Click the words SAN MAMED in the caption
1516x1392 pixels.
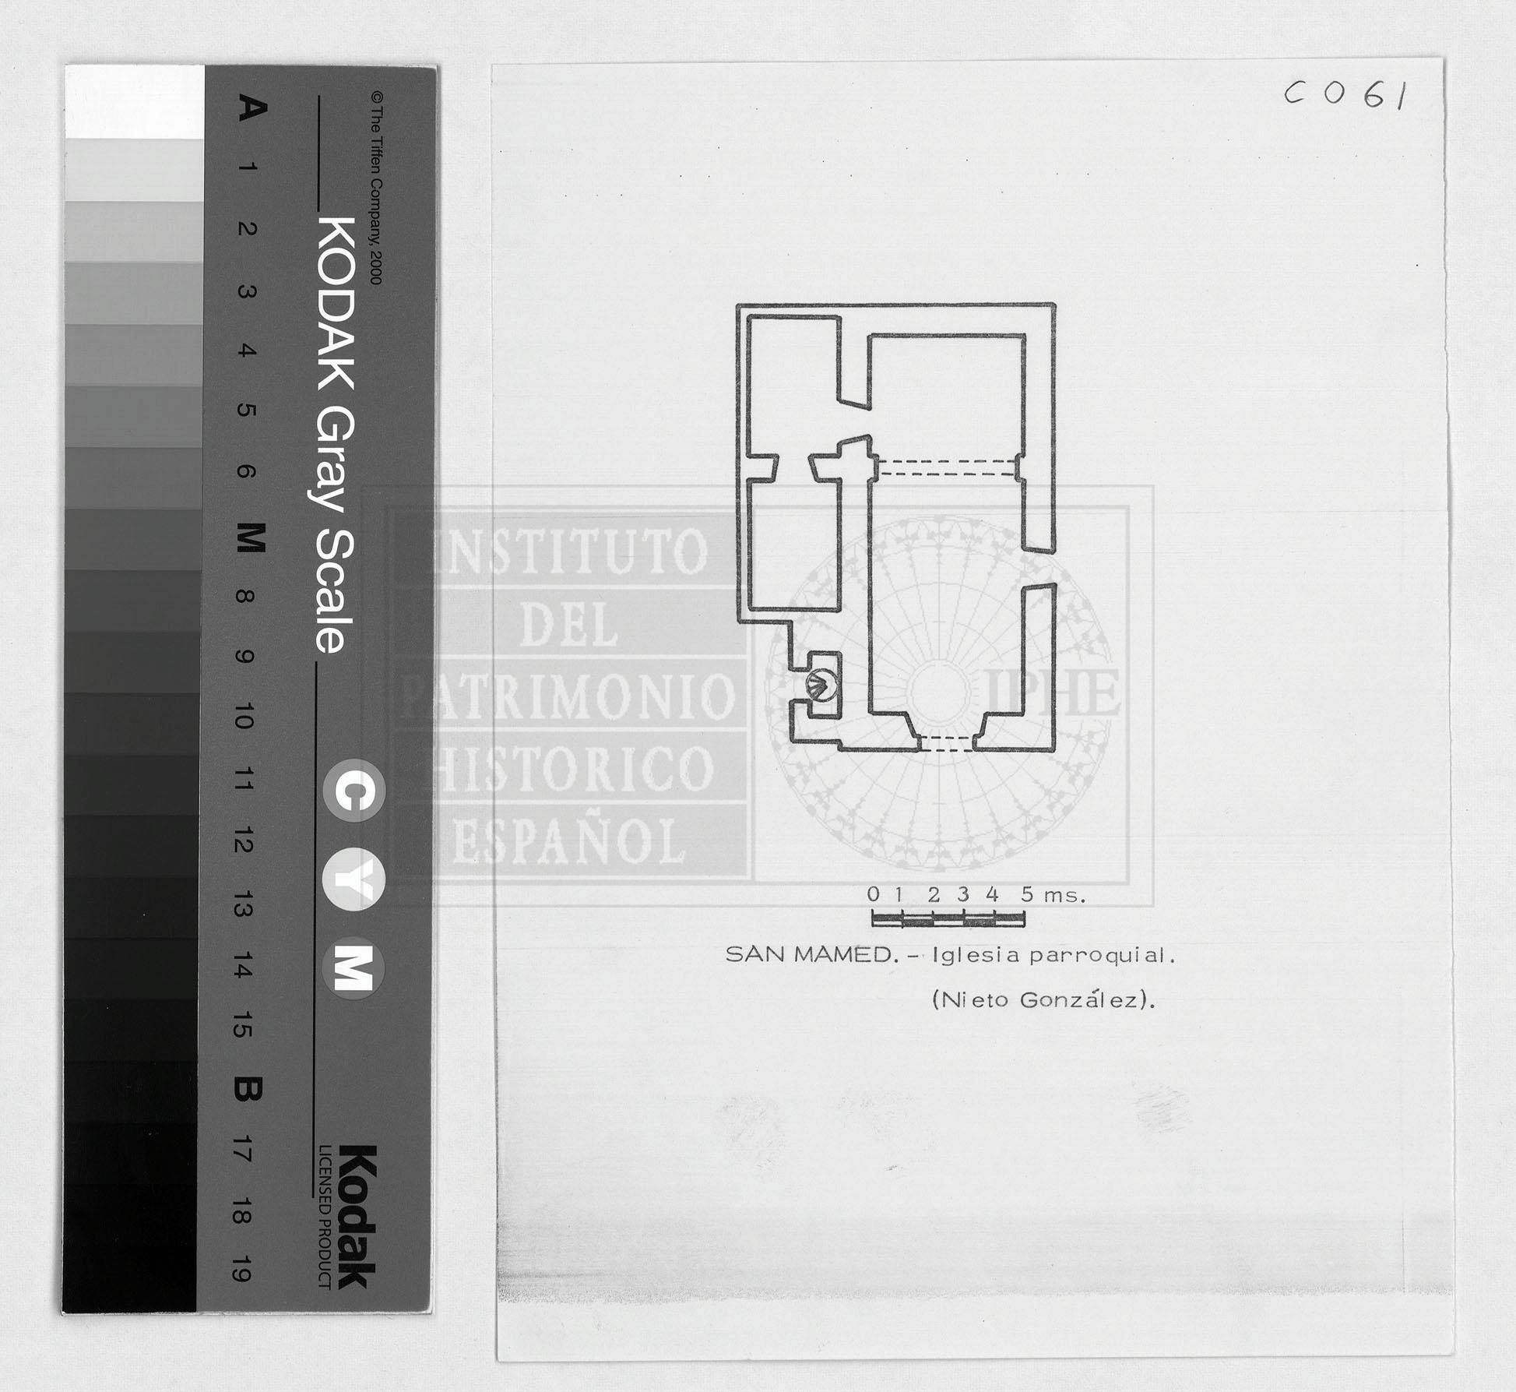(x=808, y=954)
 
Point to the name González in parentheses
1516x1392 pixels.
(x=1079, y=999)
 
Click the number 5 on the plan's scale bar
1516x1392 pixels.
(x=1027, y=894)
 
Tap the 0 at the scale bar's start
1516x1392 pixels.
(x=874, y=894)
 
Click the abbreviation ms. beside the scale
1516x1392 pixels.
(x=1064, y=897)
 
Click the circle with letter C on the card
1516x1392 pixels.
(x=354, y=791)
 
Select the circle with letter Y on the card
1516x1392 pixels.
(x=354, y=880)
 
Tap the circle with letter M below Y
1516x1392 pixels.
(x=354, y=968)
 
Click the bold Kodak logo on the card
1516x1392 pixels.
(x=357, y=1216)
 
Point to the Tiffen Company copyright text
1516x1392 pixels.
(x=376, y=189)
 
